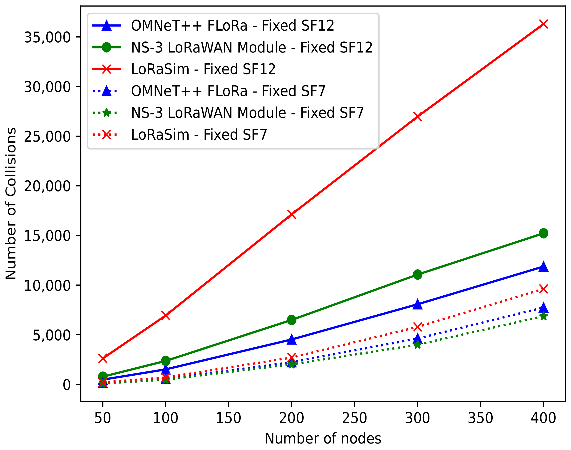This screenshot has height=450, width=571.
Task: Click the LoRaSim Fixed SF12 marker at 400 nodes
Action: [x=543, y=24]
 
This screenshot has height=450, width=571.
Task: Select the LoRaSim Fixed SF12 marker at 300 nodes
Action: [x=417, y=116]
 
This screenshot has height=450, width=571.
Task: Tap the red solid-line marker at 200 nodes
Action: [x=292, y=214]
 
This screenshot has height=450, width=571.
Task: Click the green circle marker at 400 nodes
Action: [x=543, y=233]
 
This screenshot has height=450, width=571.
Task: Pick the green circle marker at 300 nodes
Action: [x=417, y=275]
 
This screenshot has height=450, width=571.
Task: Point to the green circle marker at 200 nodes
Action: [x=292, y=320]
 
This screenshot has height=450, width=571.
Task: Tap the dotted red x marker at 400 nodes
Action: [x=543, y=289]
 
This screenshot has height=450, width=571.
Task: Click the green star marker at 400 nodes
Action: [x=543, y=316]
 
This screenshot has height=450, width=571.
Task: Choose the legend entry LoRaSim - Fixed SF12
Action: [x=203, y=69]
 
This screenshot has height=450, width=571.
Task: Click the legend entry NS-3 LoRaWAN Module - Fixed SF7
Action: [x=247, y=113]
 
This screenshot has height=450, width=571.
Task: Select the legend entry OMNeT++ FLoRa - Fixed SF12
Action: [x=232, y=26]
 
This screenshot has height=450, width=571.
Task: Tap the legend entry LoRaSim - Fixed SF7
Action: [x=199, y=135]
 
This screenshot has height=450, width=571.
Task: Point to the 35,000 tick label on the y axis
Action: [x=48, y=37]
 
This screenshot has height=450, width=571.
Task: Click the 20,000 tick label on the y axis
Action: [x=48, y=186]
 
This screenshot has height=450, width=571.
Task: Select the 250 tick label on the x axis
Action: [x=354, y=418]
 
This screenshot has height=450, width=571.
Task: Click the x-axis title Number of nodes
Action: [x=323, y=439]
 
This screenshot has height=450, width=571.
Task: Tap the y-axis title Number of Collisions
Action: [x=11, y=203]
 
